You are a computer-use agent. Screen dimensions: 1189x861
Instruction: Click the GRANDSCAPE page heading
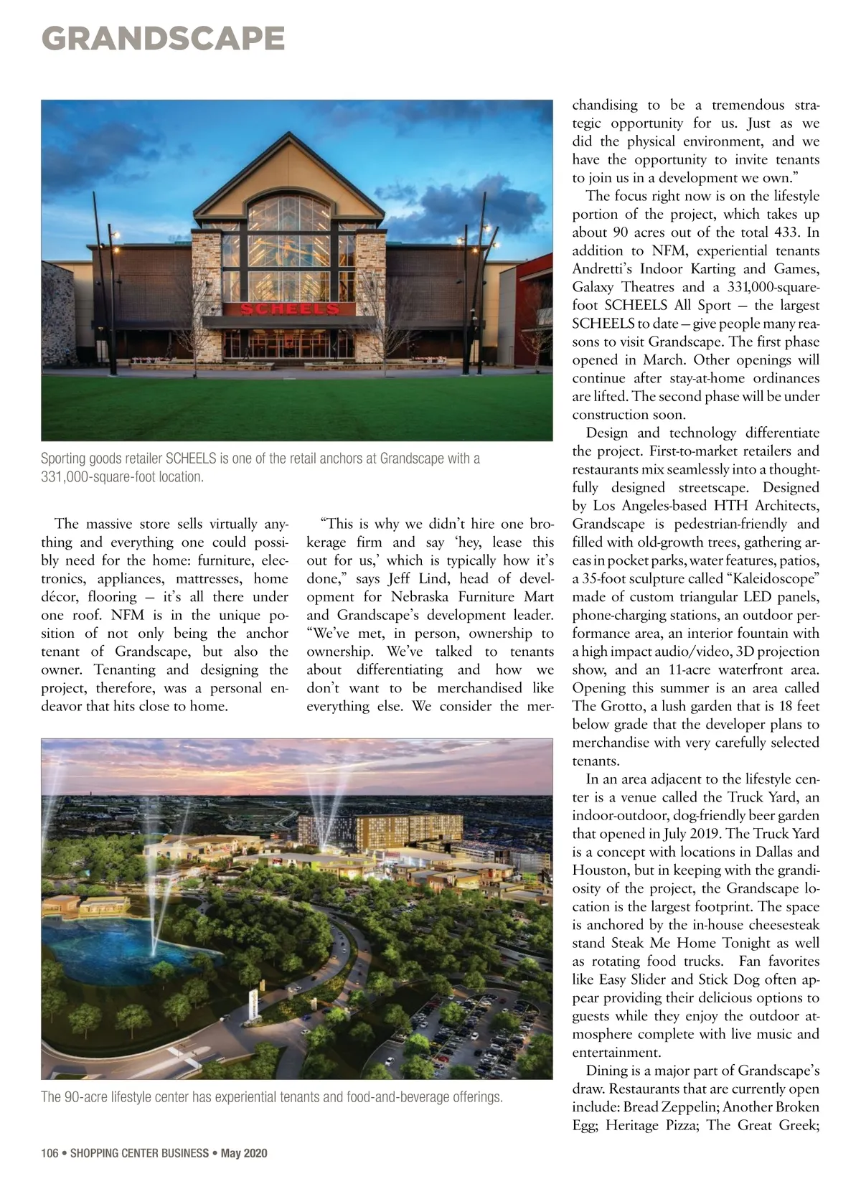[164, 38]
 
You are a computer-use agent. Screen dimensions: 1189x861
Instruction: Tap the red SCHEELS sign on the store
[289, 309]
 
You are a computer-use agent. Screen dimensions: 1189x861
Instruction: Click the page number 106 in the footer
[50, 1153]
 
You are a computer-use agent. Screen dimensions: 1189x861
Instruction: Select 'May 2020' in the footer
[244, 1153]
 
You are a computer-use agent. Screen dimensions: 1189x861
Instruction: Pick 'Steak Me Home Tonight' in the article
[681, 943]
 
